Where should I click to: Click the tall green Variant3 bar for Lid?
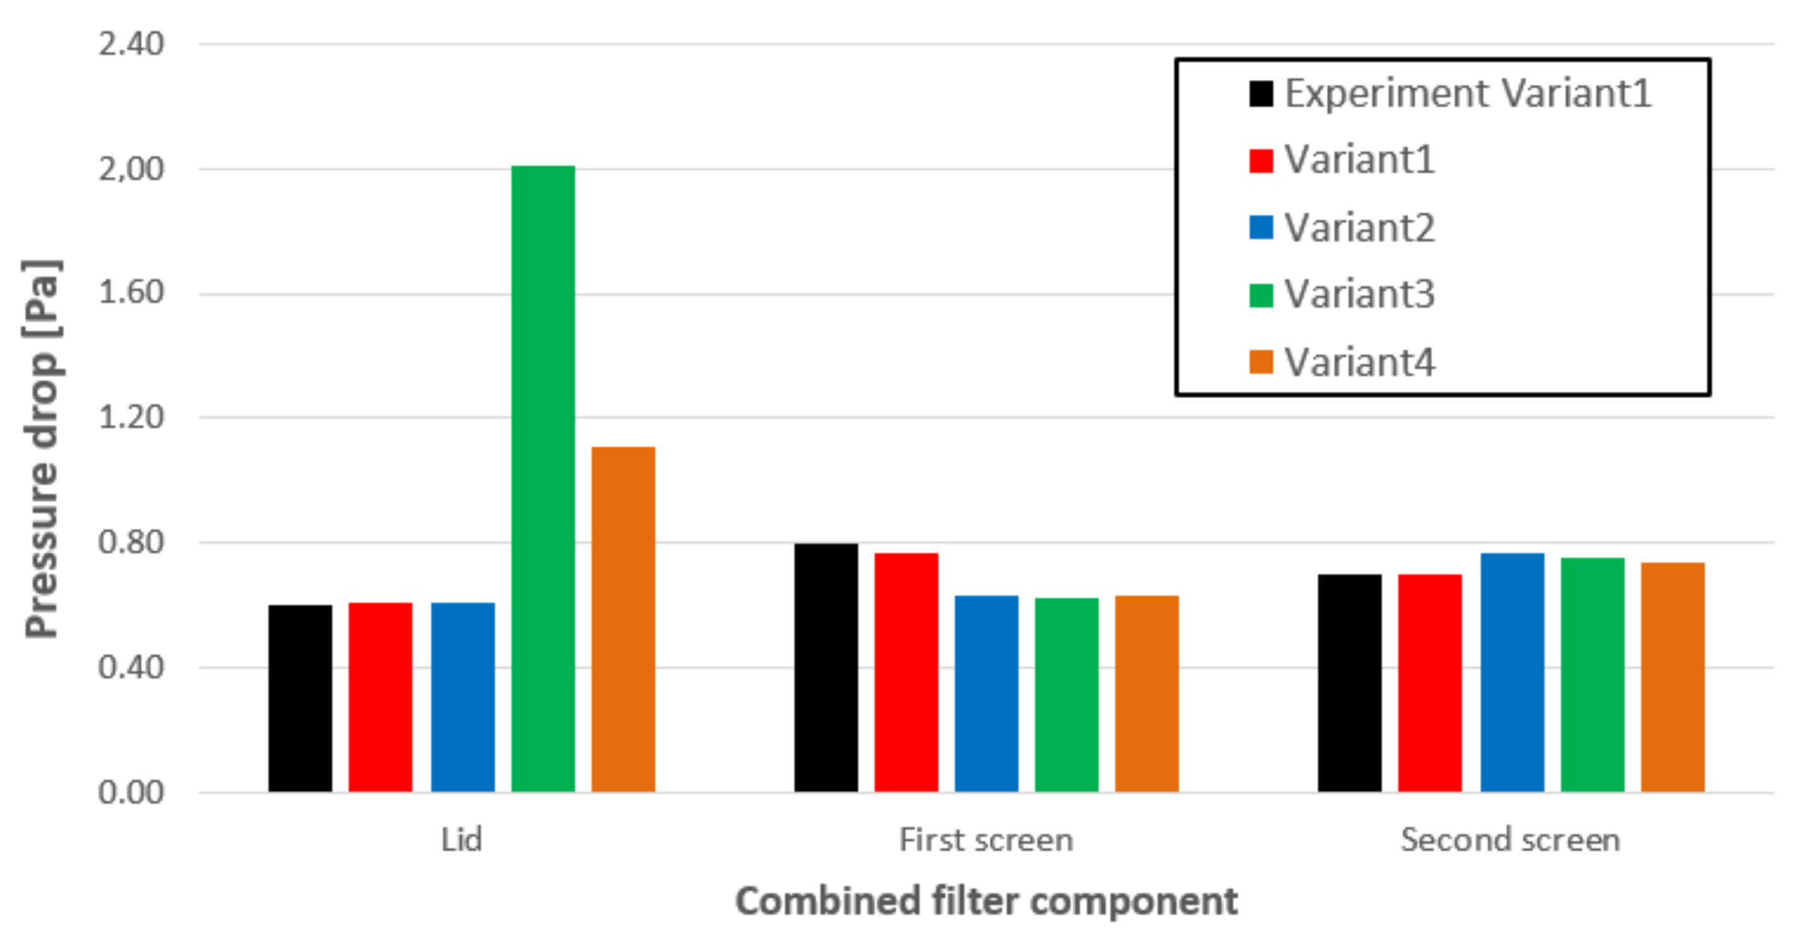point(543,479)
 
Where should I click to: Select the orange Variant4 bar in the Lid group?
point(623,619)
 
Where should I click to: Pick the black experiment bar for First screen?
point(826,667)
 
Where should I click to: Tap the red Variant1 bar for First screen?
point(906,673)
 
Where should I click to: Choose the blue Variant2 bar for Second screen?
point(1512,673)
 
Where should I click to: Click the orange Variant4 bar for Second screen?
point(1673,676)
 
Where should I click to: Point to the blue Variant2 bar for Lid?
point(462,697)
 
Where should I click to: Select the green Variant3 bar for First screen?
point(1066,695)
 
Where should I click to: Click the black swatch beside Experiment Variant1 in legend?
point(1261,94)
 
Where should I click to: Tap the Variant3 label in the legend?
point(1360,294)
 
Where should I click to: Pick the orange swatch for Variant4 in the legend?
point(1261,362)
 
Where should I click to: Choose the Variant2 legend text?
point(1360,228)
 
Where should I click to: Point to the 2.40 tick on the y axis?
point(131,44)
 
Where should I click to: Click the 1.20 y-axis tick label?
point(131,417)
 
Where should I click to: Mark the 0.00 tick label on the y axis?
point(131,793)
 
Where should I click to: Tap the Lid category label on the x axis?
point(461,839)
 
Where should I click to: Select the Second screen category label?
point(1510,839)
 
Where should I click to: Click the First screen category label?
point(986,839)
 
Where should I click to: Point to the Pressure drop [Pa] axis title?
point(42,449)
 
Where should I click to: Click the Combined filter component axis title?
point(986,900)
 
